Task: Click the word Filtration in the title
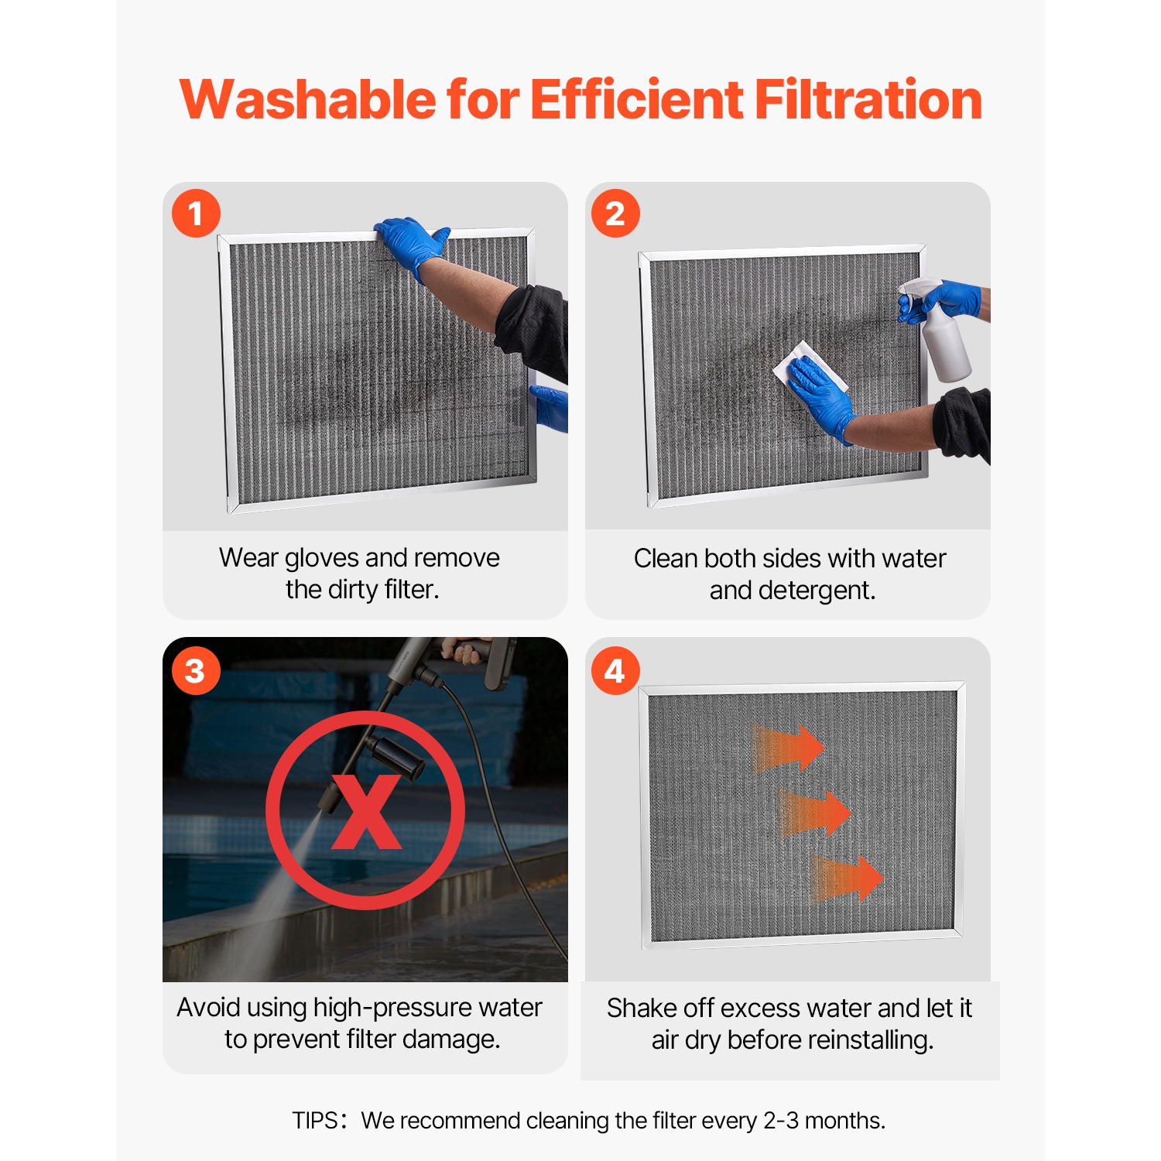coord(868,101)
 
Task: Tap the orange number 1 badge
coord(196,213)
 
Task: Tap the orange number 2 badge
coord(615,213)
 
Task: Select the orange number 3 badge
coord(196,670)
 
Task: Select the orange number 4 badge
coord(615,670)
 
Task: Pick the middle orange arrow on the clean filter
coord(817,813)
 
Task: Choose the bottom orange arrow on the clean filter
coord(848,878)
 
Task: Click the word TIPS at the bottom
coord(314,1121)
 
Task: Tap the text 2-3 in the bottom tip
coord(781,1121)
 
